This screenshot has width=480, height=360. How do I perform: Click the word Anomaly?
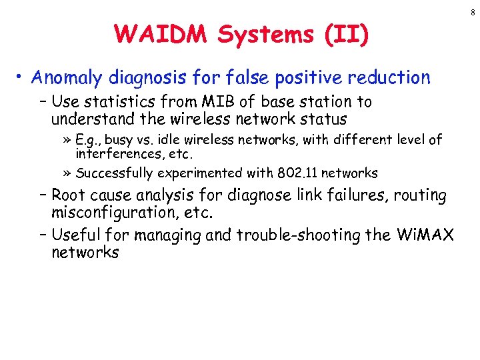tap(64, 78)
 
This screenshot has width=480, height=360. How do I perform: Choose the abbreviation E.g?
tap(88, 140)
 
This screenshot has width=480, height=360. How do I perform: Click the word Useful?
tap(74, 235)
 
